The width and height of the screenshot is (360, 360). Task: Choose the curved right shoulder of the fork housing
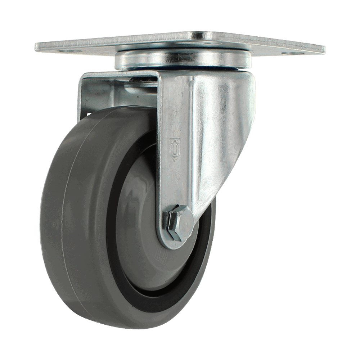(x=248, y=108)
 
